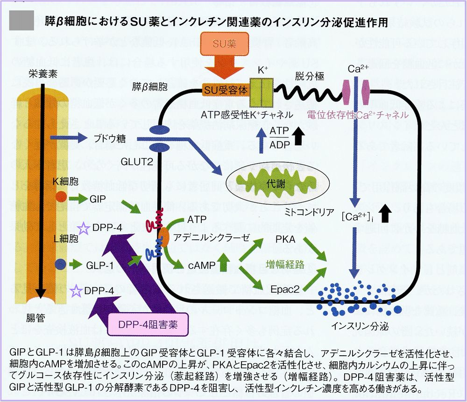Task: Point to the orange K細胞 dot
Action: coord(61,197)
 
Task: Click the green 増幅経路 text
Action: coord(285,265)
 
